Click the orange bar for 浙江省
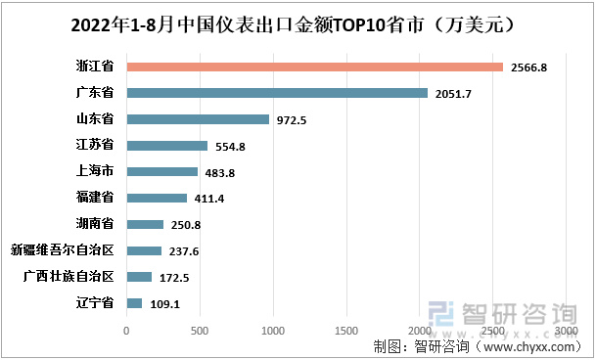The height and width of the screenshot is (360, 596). [314, 67]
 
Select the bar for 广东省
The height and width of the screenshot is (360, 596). [277, 93]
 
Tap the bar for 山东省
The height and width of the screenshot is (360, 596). [198, 119]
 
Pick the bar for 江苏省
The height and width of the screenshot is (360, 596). [166, 146]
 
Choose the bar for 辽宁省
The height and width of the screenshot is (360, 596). [134, 303]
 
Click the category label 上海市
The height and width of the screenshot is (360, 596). [95, 172]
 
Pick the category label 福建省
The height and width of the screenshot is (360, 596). [95, 199]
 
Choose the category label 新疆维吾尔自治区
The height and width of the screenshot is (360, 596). [63, 250]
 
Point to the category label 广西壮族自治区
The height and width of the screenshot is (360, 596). [69, 277]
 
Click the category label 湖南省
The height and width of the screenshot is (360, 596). [95, 224]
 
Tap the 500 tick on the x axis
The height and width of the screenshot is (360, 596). [200, 331]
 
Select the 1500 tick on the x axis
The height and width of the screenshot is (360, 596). [346, 331]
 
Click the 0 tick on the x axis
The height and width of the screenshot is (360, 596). [126, 331]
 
